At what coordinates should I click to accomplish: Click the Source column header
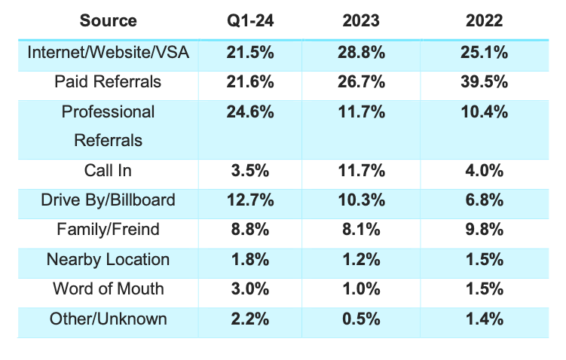click(108, 20)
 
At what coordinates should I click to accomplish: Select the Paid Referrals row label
click(108, 81)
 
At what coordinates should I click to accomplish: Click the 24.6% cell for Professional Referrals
click(249, 112)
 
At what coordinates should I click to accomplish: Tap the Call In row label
click(108, 170)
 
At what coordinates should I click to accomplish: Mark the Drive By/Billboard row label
click(108, 200)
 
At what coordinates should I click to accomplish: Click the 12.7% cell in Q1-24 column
click(249, 200)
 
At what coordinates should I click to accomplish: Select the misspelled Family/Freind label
click(108, 230)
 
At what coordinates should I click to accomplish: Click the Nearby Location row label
click(108, 259)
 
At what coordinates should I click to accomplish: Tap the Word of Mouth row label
click(108, 289)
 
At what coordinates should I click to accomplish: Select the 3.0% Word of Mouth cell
click(249, 289)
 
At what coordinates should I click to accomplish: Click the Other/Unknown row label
click(108, 319)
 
